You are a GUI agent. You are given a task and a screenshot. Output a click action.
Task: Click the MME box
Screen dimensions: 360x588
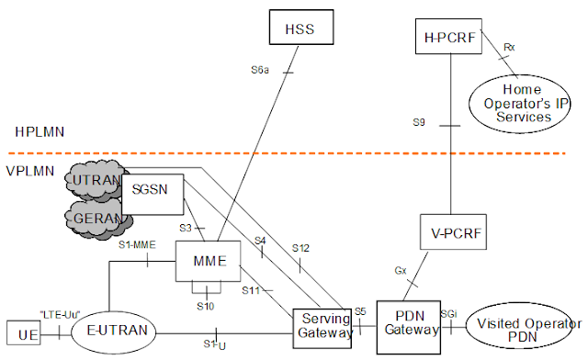click(207, 263)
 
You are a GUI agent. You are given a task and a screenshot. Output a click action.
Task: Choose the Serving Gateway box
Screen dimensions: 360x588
click(323, 325)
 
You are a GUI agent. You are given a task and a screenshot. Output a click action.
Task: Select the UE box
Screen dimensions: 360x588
click(24, 335)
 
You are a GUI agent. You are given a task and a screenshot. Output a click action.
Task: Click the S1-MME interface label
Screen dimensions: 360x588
click(135, 244)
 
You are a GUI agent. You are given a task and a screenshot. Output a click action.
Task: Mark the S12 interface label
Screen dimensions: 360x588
click(301, 247)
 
